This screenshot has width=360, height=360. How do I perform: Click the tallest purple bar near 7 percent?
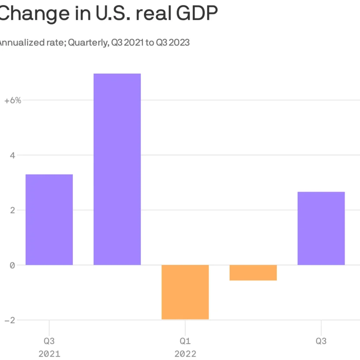tap(117, 169)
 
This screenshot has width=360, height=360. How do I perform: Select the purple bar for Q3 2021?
tap(49, 219)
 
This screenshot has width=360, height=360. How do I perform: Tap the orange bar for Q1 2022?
tap(185, 292)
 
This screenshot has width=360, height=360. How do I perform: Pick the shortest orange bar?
tap(253, 272)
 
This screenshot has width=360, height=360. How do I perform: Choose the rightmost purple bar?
tap(321, 228)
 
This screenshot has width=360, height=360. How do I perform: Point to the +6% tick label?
tap(13, 100)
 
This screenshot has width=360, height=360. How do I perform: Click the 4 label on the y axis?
tap(13, 155)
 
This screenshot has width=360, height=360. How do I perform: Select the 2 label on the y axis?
tap(13, 210)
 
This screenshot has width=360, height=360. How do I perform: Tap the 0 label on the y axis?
tap(13, 265)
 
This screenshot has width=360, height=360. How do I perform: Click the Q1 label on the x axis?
tap(185, 341)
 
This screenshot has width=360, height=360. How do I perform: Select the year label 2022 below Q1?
tap(185, 353)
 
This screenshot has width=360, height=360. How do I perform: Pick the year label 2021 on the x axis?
tap(49, 353)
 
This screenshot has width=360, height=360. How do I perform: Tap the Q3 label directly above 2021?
tap(49, 341)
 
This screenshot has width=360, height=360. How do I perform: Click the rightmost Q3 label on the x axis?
tap(321, 341)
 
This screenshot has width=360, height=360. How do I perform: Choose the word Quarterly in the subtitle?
tap(88, 43)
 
